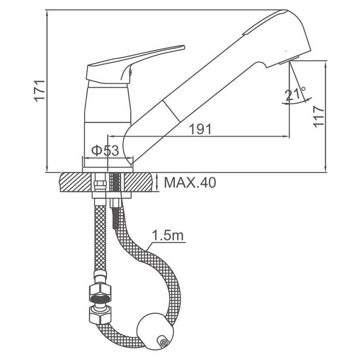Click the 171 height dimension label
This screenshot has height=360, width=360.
coord(39,91)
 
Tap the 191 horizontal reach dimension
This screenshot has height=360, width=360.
coord(200,129)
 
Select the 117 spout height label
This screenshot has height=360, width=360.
coord(319,116)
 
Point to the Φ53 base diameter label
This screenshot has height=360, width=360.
coord(105,151)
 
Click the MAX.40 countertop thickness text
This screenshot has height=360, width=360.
coord(190,183)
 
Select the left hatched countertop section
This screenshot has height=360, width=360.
coord(75,182)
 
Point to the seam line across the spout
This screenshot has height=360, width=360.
coord(171,111)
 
